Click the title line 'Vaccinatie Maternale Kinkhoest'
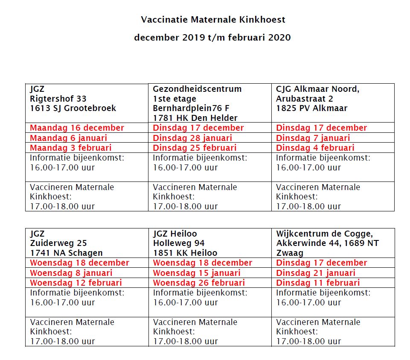(213, 20)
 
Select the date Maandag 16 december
(77, 128)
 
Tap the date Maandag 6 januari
(68, 138)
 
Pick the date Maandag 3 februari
(70, 148)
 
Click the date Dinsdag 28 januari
(192, 138)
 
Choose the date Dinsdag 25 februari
(195, 148)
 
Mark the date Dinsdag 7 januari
(313, 138)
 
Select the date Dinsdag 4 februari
(315, 148)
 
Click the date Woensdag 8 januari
(71, 273)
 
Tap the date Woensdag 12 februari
(76, 283)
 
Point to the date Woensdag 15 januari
(197, 273)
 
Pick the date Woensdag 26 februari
(199, 283)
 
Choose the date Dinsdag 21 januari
(315, 273)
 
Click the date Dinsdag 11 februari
(317, 283)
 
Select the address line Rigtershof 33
(58, 99)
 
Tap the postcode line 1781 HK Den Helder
(195, 118)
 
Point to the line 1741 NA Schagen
(66, 253)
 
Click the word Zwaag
(290, 253)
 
